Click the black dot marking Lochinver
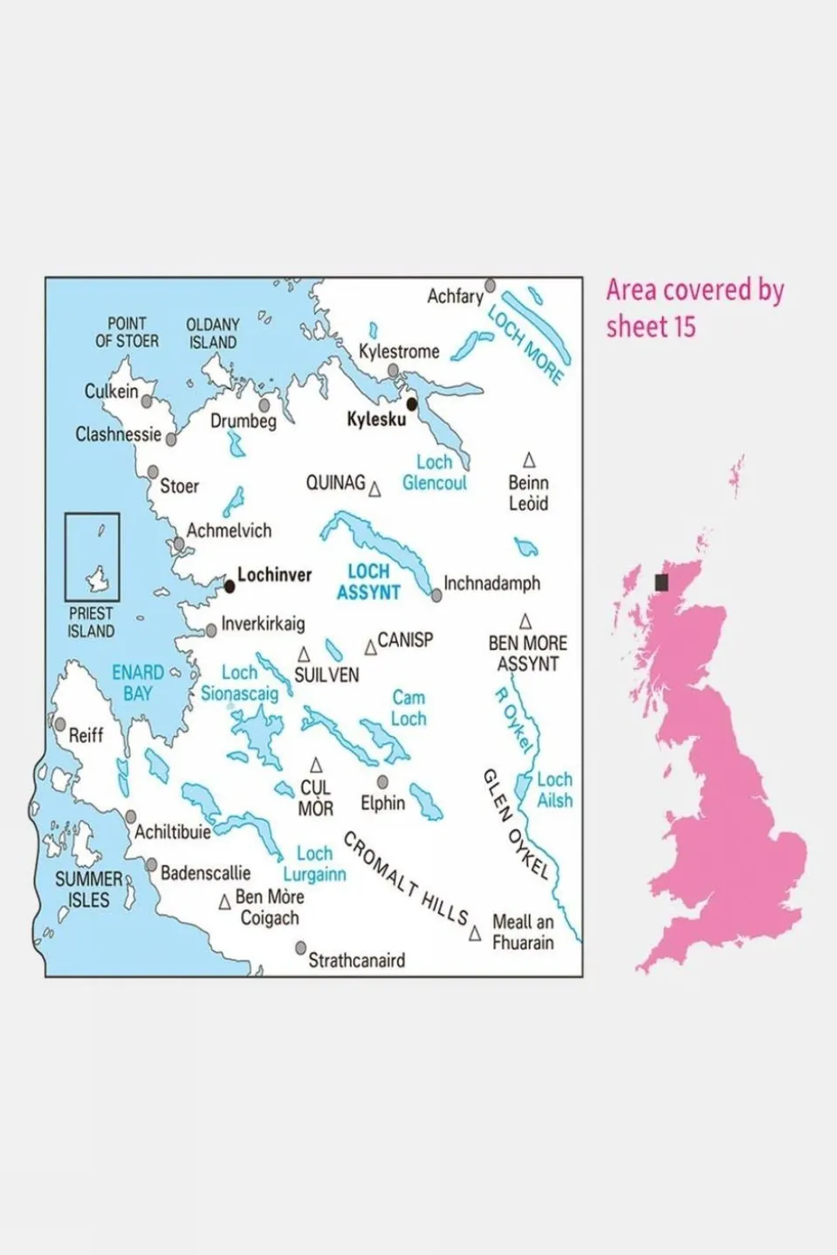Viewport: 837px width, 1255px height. point(230,587)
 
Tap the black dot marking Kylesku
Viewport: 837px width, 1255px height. point(412,404)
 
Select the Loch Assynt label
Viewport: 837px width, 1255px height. point(368,582)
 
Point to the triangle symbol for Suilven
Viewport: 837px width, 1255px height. point(304,654)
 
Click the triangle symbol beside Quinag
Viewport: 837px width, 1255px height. point(375,489)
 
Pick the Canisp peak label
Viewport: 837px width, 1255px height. point(405,640)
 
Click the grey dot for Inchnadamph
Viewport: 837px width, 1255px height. point(436,596)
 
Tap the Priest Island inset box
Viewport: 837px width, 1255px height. point(93,556)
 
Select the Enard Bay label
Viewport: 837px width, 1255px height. point(138,683)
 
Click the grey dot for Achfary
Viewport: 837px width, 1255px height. point(491,285)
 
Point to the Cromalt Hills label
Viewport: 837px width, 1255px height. point(406,878)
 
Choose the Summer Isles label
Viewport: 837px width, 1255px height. point(89,890)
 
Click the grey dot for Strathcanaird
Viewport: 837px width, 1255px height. point(301,947)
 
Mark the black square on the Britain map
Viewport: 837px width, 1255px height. point(662,583)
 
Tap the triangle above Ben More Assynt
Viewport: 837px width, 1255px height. point(525,621)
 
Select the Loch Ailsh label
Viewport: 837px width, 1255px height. point(554,790)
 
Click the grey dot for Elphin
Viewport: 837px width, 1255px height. point(382,782)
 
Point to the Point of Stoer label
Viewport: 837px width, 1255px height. point(127,332)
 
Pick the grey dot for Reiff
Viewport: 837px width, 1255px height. point(60,724)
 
